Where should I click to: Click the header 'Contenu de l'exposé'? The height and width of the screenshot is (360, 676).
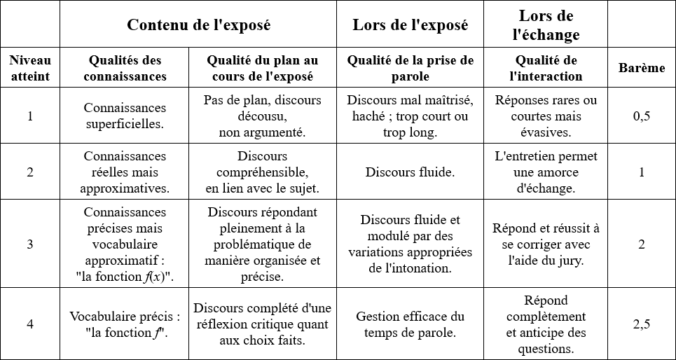coord(198,25)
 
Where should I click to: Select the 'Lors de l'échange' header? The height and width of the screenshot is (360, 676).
coord(546,25)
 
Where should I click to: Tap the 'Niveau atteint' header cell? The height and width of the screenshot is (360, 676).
coord(30,68)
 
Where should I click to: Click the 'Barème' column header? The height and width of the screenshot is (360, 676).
coord(642,68)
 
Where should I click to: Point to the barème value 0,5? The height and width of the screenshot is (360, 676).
coord(642,116)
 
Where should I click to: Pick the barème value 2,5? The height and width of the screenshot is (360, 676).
coord(642,324)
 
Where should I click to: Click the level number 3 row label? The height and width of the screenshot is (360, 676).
coord(30,244)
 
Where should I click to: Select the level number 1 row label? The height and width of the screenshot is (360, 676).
coord(30,116)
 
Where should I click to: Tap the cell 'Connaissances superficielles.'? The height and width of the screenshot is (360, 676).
coord(125,116)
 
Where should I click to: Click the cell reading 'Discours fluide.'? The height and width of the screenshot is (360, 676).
coord(411,172)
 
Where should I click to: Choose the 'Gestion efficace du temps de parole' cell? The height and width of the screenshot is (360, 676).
coord(411,324)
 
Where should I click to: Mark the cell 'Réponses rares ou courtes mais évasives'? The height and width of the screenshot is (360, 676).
coord(546,116)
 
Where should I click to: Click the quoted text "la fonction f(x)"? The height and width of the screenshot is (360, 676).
coord(125,276)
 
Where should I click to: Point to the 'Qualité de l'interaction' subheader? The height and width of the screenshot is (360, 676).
coord(546,68)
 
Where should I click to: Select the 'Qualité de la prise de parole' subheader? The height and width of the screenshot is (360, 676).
coord(411,68)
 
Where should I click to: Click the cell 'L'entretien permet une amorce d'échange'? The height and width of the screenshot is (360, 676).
coord(546,172)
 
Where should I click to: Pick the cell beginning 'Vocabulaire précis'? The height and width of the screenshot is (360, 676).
coord(125,324)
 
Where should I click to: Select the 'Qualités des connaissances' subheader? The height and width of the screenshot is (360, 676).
coord(125,68)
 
